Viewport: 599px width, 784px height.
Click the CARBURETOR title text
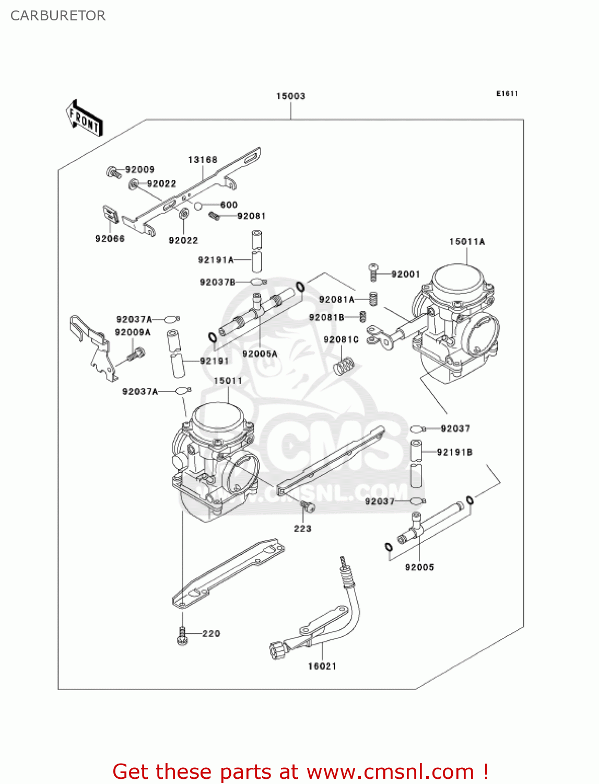pos(58,16)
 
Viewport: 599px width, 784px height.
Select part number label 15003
pos(290,96)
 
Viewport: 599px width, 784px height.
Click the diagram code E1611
pos(507,94)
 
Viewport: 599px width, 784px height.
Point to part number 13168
pos(203,159)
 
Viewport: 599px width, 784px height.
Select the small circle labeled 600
pos(198,205)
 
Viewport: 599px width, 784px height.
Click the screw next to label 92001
pos(373,272)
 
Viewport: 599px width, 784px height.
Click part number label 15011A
pos(467,241)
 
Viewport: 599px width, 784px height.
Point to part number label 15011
pos(228,381)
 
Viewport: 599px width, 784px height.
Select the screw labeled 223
pos(308,505)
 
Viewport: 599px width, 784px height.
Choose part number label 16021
pos(322,666)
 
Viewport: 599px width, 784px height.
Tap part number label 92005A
pos(260,354)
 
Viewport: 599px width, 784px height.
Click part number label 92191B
pos(454,452)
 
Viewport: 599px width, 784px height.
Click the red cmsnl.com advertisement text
pos(300,771)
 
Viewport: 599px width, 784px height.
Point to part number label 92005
pos(419,567)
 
